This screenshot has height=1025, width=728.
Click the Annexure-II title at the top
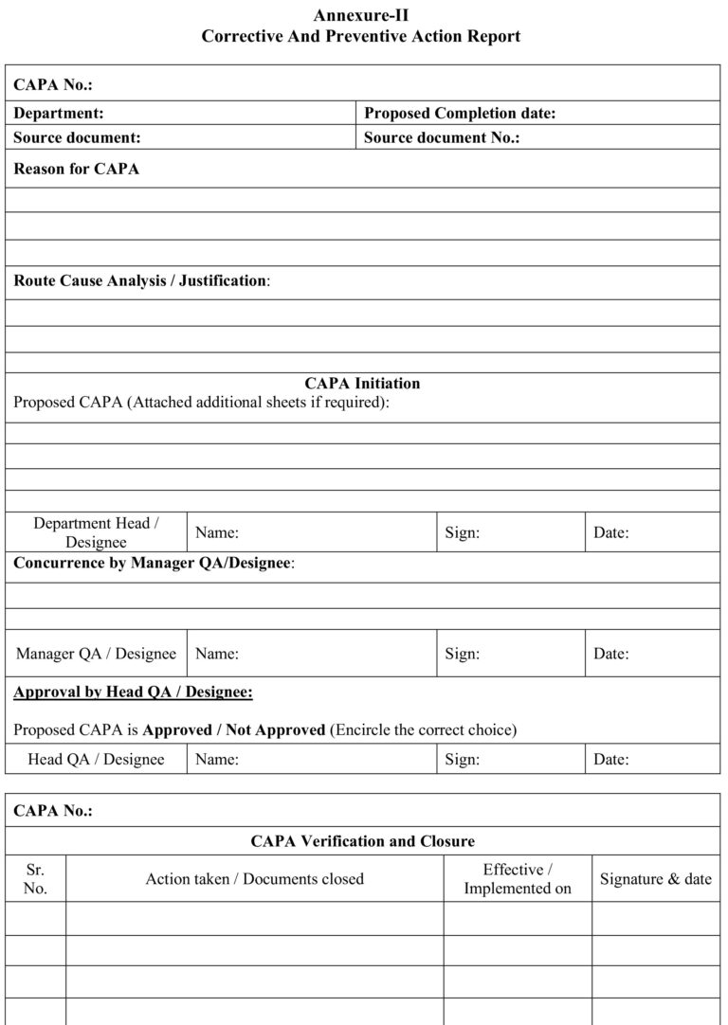(x=361, y=15)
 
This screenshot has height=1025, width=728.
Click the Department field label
(x=59, y=114)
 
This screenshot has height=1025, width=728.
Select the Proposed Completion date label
(x=460, y=114)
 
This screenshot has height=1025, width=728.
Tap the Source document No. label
(x=443, y=138)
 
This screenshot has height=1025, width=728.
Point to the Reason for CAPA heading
(x=76, y=170)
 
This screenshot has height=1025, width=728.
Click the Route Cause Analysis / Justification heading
(x=141, y=281)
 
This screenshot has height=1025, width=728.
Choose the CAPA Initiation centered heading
(x=362, y=384)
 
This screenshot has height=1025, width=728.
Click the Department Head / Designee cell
(x=96, y=533)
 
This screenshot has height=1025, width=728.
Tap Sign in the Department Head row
(x=462, y=533)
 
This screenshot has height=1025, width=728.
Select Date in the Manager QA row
(x=610, y=654)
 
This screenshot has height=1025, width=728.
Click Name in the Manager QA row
(x=217, y=654)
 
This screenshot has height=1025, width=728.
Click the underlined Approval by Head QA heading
(x=133, y=692)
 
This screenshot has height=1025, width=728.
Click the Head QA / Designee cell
(x=96, y=760)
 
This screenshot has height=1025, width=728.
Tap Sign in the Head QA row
(x=462, y=760)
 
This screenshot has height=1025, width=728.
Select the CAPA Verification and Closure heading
(x=362, y=841)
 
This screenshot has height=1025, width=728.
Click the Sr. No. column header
(x=35, y=879)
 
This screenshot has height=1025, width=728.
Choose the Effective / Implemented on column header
(x=518, y=879)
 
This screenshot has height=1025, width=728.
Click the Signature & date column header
(x=655, y=879)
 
